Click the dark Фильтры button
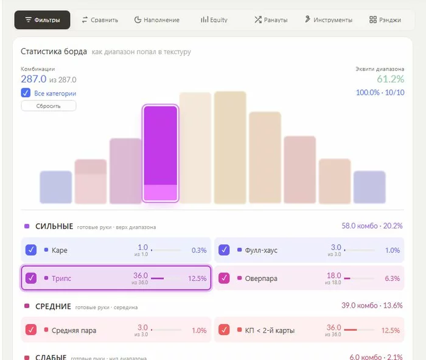(x=42, y=20)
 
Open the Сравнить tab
(x=100, y=20)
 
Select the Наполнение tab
(x=157, y=20)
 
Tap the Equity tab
(x=214, y=20)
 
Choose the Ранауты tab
(x=271, y=20)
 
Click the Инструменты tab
(x=329, y=20)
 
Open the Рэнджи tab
(x=385, y=20)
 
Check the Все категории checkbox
(x=26, y=93)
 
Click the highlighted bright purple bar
(x=160, y=153)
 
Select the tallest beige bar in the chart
(x=230, y=147)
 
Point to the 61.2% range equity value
(x=391, y=79)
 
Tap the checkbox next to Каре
(x=30, y=250)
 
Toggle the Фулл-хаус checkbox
(x=224, y=250)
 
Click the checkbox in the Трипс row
(x=30, y=278)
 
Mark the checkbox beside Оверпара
(x=224, y=278)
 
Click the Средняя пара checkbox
(x=30, y=330)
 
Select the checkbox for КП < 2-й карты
(x=224, y=330)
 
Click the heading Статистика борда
(x=54, y=51)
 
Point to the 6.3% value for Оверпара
(x=392, y=279)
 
